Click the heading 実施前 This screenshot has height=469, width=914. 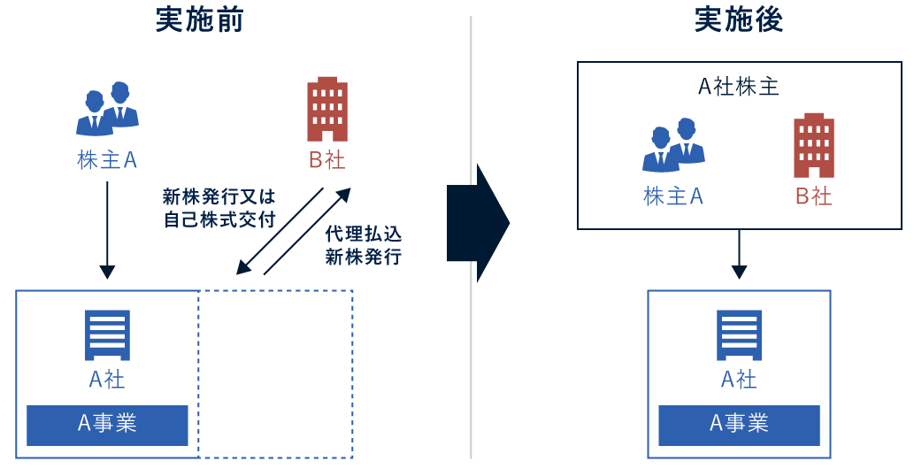click(199, 20)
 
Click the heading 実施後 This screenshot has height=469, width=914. click(738, 20)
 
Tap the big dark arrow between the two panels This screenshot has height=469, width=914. click(479, 223)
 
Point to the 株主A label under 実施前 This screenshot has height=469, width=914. click(107, 160)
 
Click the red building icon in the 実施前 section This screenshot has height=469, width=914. click(326, 109)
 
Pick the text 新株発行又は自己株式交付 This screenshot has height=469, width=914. click(219, 208)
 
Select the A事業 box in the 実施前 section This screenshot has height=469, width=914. click(107, 425)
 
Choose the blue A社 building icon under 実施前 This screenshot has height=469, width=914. click(107, 334)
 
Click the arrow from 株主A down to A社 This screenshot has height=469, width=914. click(107, 230)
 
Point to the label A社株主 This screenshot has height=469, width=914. click(738, 87)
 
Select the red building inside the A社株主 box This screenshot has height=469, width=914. click(813, 145)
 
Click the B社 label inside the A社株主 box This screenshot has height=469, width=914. click(813, 196)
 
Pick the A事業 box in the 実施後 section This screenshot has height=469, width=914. click(739, 425)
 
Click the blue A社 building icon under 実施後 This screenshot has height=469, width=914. click(739, 334)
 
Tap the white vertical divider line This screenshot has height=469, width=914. click(471, 354)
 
